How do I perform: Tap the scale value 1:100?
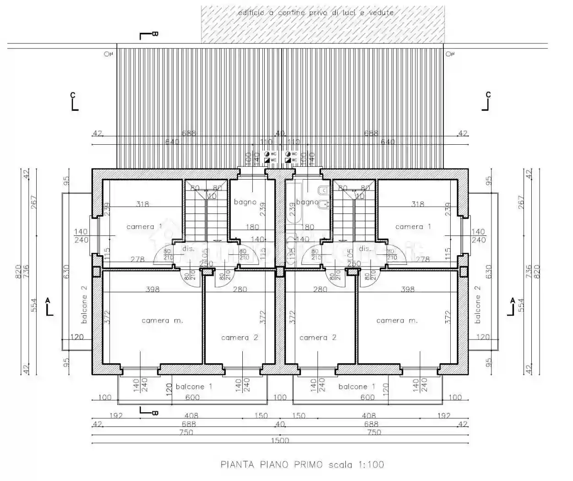370,465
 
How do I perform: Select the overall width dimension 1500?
280,441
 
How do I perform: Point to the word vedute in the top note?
382,13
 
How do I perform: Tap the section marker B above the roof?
155,34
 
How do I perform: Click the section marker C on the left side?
73,95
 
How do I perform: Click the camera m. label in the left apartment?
162,321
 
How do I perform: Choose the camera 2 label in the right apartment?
317,338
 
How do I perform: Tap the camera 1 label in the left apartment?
144,227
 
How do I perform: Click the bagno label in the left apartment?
245,202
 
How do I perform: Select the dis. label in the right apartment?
365,249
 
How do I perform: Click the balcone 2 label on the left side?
84,305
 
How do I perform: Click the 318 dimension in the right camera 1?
417,204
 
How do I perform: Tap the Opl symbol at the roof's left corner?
108,54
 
